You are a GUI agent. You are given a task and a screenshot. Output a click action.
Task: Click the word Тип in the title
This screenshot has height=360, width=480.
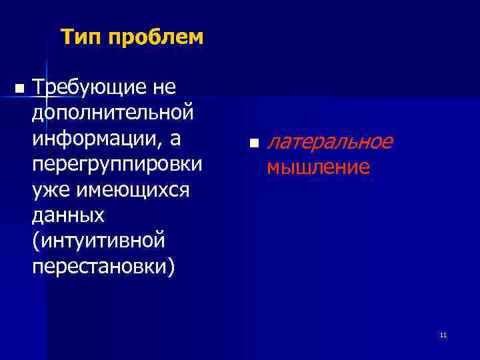coord(79,38)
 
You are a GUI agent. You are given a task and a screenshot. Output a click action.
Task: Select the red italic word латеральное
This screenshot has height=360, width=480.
coord(329,141)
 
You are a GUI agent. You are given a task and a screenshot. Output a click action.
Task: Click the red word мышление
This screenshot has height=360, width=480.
coord(318,167)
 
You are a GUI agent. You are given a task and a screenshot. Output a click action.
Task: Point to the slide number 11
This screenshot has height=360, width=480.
coord(443,335)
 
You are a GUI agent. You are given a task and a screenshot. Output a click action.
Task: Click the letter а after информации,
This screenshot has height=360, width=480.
coord(193,141)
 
